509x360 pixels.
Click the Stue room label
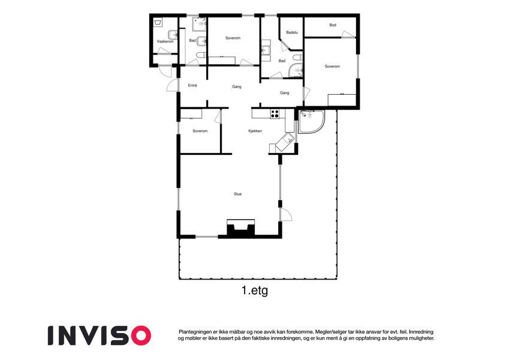click(x=237, y=194)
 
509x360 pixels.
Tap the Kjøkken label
click(x=255, y=131)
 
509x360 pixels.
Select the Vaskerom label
click(x=165, y=41)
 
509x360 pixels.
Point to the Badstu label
click(x=292, y=32)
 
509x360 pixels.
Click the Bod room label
click(x=333, y=25)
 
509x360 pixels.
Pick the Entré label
click(x=192, y=85)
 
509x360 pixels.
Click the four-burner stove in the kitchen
click(x=275, y=114)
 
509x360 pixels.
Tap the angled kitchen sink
click(x=285, y=142)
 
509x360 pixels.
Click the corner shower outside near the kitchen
click(x=311, y=122)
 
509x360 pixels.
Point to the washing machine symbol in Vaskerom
click(x=158, y=23)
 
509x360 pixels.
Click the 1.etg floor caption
click(x=255, y=290)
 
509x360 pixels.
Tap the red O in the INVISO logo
click(x=140, y=335)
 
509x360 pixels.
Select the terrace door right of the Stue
click(x=285, y=214)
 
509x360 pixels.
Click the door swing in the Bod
click(x=348, y=34)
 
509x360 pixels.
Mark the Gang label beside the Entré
click(x=237, y=87)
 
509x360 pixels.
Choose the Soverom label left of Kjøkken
click(x=200, y=131)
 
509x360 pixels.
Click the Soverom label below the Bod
click(x=332, y=66)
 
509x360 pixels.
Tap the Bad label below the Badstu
click(x=282, y=61)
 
